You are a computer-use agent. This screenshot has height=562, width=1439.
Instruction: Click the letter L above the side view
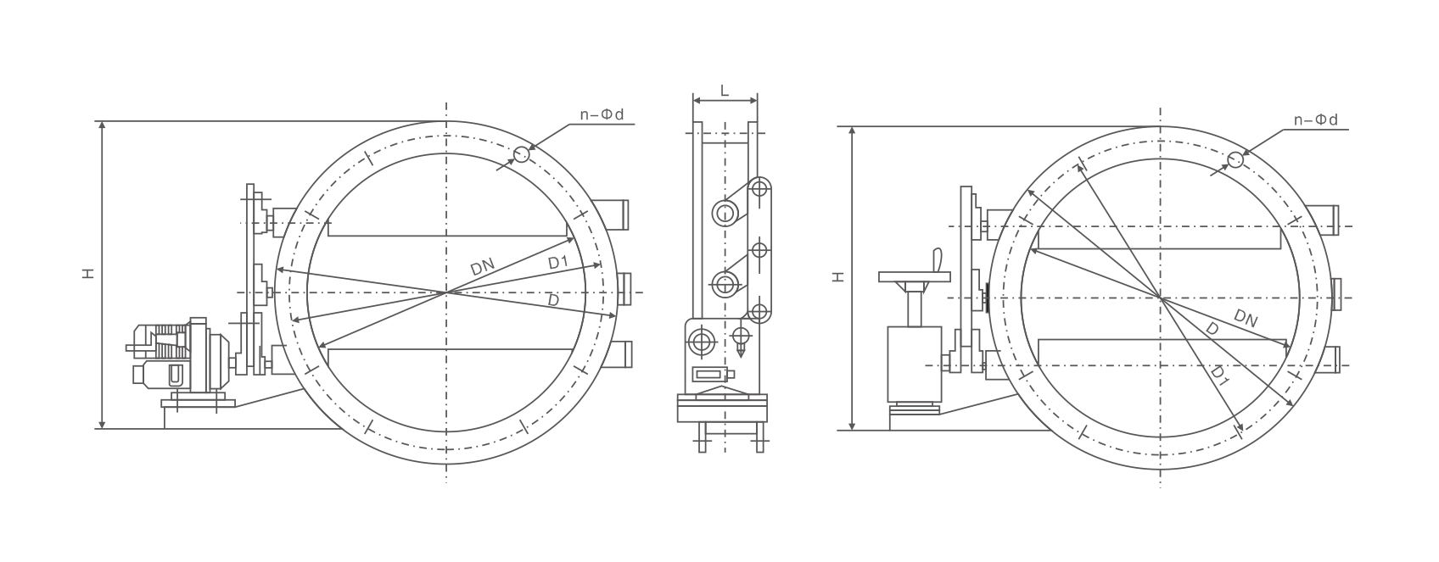(725, 91)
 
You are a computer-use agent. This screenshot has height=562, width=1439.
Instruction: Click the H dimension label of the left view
(88, 273)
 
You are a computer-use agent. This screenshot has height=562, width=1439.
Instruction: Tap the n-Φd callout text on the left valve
(602, 114)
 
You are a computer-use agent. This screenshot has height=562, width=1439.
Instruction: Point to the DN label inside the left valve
(483, 267)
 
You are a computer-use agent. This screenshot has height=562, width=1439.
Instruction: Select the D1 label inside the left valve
(558, 262)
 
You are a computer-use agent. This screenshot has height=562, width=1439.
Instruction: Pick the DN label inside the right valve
(1246, 318)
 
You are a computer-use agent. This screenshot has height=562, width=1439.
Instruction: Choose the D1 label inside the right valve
(1220, 376)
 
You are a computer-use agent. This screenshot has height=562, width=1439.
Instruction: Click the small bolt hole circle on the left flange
(521, 154)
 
